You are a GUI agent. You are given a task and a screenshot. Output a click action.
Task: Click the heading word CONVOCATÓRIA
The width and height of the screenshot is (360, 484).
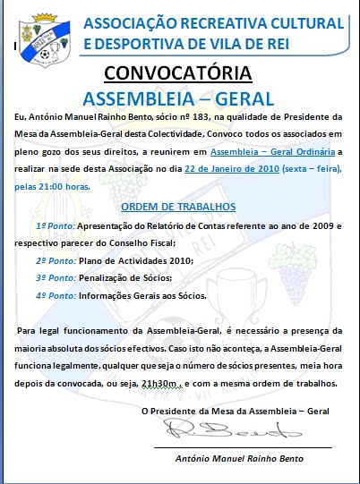coord(178,72)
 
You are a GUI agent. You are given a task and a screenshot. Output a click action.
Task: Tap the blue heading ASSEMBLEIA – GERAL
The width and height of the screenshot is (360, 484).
coord(178,95)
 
